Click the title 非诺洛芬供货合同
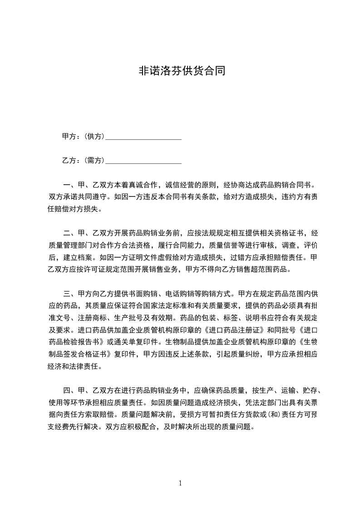tap(182, 71)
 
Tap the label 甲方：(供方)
tap(83, 136)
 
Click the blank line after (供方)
tap(143, 137)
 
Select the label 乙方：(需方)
tap(83, 160)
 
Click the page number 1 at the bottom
tap(180, 483)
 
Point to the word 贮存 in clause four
tap(310, 390)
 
